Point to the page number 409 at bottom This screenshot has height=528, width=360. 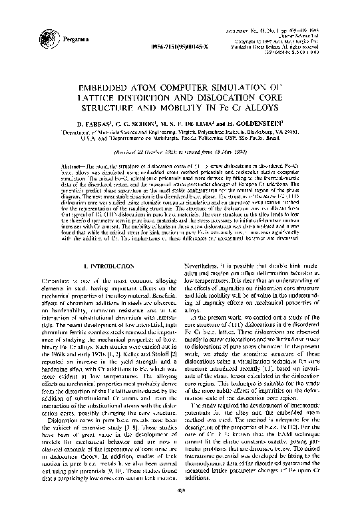click(180, 511)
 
